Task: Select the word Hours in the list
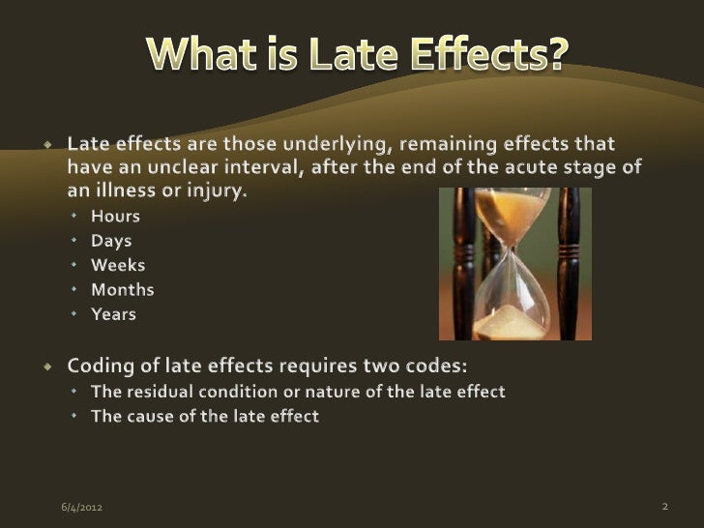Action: (x=115, y=216)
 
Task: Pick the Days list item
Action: (x=111, y=240)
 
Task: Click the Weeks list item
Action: (x=118, y=264)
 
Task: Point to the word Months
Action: (x=122, y=289)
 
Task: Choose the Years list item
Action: (x=113, y=313)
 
